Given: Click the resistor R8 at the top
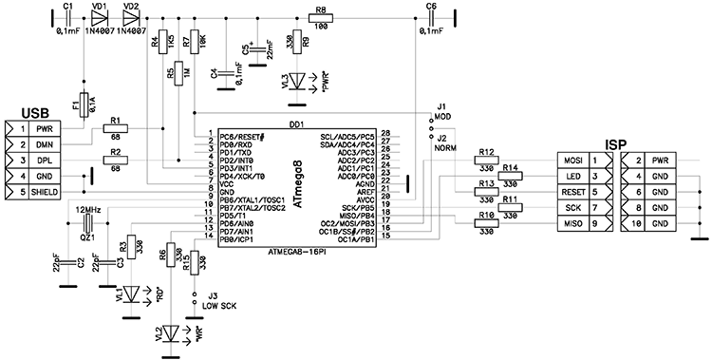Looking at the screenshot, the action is [x=321, y=18].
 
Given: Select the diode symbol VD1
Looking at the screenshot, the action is [x=100, y=18].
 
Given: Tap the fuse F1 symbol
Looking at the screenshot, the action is [x=84, y=105].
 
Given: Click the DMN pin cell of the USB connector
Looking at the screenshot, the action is [x=45, y=144].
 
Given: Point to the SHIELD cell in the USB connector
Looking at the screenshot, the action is [x=45, y=192].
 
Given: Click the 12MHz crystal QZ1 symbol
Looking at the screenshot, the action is [x=87, y=222].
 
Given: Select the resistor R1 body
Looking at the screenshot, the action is [x=116, y=129].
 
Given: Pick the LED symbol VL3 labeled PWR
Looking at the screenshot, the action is [x=297, y=82].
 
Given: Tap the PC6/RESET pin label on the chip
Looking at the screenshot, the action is [x=241, y=137].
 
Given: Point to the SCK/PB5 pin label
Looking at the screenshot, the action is [x=359, y=207].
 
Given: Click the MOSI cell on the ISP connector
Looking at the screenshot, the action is [x=573, y=161].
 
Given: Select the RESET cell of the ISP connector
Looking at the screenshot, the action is [x=573, y=192].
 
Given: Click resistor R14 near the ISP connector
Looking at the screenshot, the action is [x=511, y=176].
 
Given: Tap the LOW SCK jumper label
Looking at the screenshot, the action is [x=219, y=306].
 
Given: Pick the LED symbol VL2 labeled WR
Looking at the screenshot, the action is [x=171, y=333].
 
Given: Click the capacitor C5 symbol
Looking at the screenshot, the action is [x=257, y=50].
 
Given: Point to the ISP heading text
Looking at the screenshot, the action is [x=616, y=145].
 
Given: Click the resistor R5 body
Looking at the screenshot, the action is [x=178, y=73].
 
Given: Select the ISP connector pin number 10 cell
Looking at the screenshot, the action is [x=637, y=223].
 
